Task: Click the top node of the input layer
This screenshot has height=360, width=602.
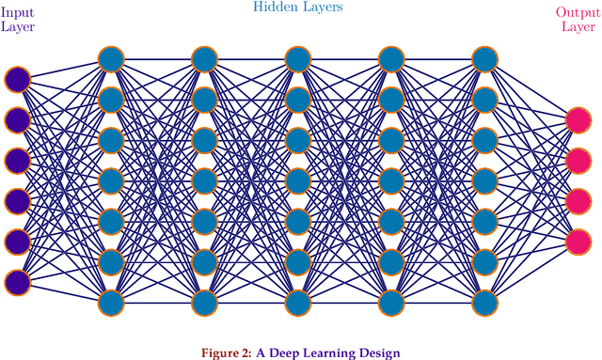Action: [x=17, y=79]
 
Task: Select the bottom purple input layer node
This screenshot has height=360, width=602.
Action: [x=17, y=281]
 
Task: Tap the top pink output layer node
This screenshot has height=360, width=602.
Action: [x=578, y=119]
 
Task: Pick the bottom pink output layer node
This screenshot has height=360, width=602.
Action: [x=578, y=241]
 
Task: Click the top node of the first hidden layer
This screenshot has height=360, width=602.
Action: [x=111, y=59]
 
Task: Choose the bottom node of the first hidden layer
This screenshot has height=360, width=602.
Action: [x=111, y=302]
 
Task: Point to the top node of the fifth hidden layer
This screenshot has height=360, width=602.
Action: [x=484, y=59]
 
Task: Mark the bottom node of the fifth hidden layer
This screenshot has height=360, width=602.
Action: [x=484, y=302]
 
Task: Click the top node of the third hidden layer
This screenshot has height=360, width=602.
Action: [x=298, y=59]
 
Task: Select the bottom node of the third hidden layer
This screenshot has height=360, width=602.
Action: [x=298, y=302]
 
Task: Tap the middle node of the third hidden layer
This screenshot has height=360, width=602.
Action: [x=298, y=180]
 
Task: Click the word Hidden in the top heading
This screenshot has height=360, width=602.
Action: [x=275, y=8]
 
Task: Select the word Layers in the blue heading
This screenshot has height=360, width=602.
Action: [x=322, y=8]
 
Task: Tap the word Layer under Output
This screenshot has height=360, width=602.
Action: [x=578, y=26]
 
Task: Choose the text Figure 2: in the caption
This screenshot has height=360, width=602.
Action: [x=227, y=353]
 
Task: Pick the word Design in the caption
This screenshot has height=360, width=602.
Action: [x=378, y=353]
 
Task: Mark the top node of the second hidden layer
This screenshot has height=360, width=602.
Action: [x=205, y=59]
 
